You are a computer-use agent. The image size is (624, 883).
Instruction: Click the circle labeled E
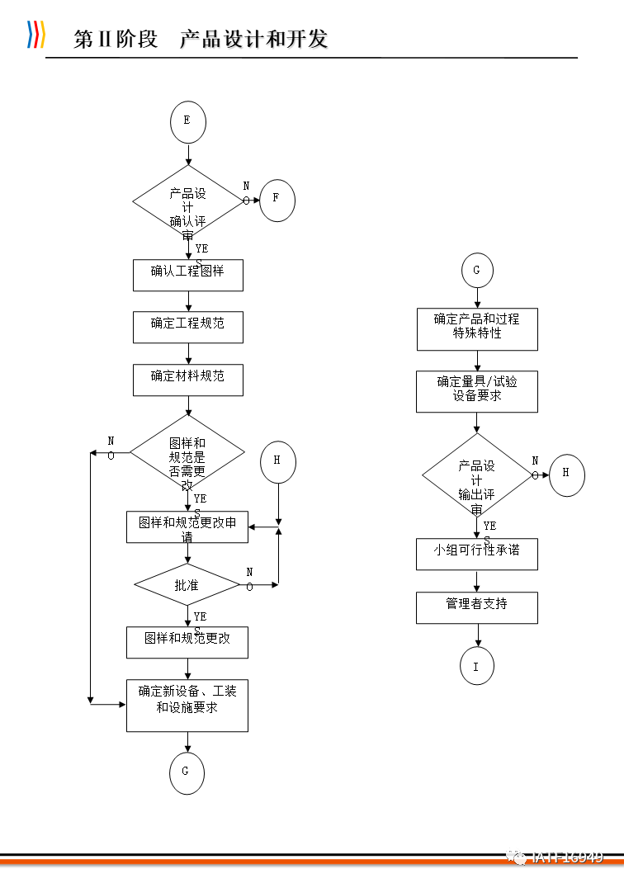(187, 121)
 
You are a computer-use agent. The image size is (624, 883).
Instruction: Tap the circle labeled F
(277, 199)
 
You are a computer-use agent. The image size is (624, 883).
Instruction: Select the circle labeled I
(476, 666)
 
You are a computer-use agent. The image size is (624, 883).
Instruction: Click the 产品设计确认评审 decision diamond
(187, 201)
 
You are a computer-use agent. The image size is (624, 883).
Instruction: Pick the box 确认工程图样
(187, 275)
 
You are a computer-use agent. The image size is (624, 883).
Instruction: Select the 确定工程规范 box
(187, 327)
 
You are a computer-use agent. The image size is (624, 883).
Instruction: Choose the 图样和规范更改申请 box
(187, 527)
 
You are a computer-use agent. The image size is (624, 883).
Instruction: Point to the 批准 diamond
(187, 585)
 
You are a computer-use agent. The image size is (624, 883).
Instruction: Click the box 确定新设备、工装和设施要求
(187, 705)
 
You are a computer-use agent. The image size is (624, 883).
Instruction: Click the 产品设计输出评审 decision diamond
(477, 475)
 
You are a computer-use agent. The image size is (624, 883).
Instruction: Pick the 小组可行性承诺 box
(477, 554)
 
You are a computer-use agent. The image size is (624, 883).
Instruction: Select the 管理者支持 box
(477, 607)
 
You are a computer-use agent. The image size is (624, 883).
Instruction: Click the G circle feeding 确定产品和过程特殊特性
(476, 270)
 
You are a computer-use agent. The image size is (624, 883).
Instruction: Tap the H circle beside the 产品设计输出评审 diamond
(566, 475)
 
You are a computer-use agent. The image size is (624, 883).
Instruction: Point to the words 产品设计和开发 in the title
(254, 38)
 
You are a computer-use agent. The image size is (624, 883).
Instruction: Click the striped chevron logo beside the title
(35, 35)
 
